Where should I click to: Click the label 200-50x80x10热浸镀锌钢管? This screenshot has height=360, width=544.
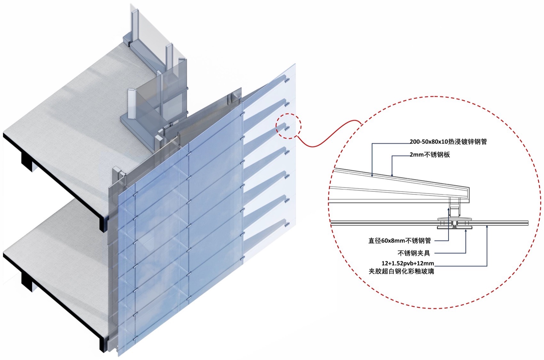point(448,141)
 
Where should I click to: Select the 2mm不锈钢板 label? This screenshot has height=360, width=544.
point(430,155)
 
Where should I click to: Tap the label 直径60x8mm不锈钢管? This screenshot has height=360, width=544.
point(399,240)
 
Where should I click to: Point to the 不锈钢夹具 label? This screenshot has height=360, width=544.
point(414,253)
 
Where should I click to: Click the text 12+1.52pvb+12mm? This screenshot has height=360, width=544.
point(408,263)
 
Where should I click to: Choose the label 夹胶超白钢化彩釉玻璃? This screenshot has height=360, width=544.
point(401,271)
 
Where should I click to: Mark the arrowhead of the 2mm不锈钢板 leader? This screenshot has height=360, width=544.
point(392,175)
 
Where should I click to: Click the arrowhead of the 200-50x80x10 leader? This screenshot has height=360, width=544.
point(372,175)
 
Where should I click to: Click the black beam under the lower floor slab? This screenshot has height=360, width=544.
point(27,281)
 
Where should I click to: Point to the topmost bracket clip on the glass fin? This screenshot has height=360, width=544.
point(287,79)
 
